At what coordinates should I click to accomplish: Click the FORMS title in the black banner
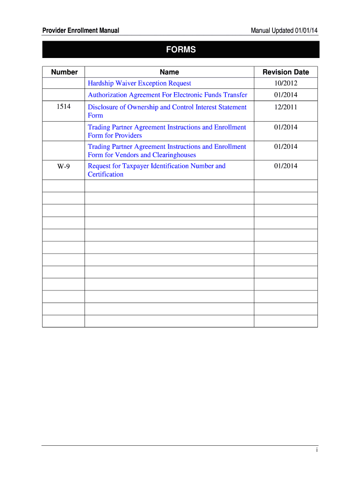click(180, 50)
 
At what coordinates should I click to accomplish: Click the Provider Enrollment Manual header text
click(80, 31)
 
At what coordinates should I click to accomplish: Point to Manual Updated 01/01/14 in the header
click(284, 31)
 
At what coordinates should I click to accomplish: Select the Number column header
click(65, 72)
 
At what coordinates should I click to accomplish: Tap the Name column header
click(169, 72)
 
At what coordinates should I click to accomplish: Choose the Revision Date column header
click(286, 72)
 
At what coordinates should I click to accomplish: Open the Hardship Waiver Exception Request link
click(139, 83)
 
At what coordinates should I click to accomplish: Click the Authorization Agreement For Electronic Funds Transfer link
click(167, 95)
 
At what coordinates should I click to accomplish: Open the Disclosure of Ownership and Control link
click(167, 107)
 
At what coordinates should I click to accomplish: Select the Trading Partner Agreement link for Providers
click(167, 127)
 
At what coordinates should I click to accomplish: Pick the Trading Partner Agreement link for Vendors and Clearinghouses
click(167, 147)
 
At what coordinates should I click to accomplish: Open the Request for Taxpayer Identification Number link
click(157, 166)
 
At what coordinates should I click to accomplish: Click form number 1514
click(64, 107)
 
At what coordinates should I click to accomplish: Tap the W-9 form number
click(64, 166)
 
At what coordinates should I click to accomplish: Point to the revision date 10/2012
click(286, 83)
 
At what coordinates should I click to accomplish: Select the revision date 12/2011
click(286, 107)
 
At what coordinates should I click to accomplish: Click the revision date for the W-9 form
click(286, 166)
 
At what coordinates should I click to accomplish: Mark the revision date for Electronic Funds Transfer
click(286, 95)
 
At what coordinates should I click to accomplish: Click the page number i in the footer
click(317, 450)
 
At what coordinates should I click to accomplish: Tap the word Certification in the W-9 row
click(106, 174)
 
